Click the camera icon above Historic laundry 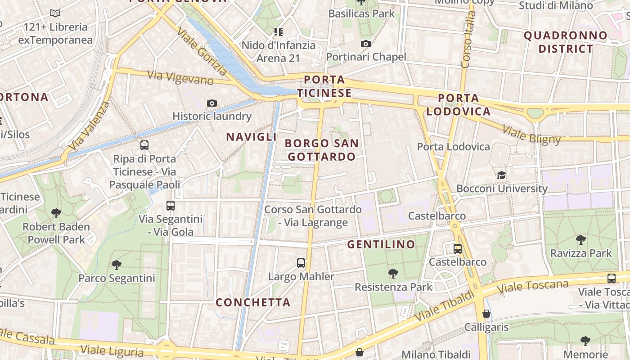coord(212,103)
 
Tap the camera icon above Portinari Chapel coord(366,44)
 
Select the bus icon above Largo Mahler coord(301,263)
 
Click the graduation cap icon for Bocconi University coord(501,175)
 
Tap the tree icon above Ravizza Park coord(581,239)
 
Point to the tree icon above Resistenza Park coord(393,273)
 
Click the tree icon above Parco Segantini coord(117,265)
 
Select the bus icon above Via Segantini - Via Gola coord(171,206)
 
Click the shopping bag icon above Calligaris coord(486,314)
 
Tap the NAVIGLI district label coord(251,137)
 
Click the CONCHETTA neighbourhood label coord(253,302)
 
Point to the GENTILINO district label coord(381,244)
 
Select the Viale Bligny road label coord(531,135)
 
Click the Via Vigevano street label coord(180,77)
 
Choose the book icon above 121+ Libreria coord(55,13)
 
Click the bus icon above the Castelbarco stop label coord(458,248)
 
